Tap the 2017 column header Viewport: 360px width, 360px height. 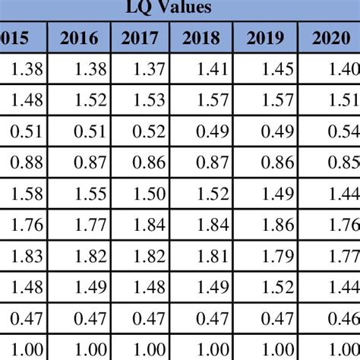(141, 38)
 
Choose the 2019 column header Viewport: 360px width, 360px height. (264, 38)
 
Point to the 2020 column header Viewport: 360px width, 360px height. (330, 38)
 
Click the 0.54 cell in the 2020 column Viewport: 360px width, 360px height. (343, 131)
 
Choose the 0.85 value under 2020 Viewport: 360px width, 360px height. (343, 162)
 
